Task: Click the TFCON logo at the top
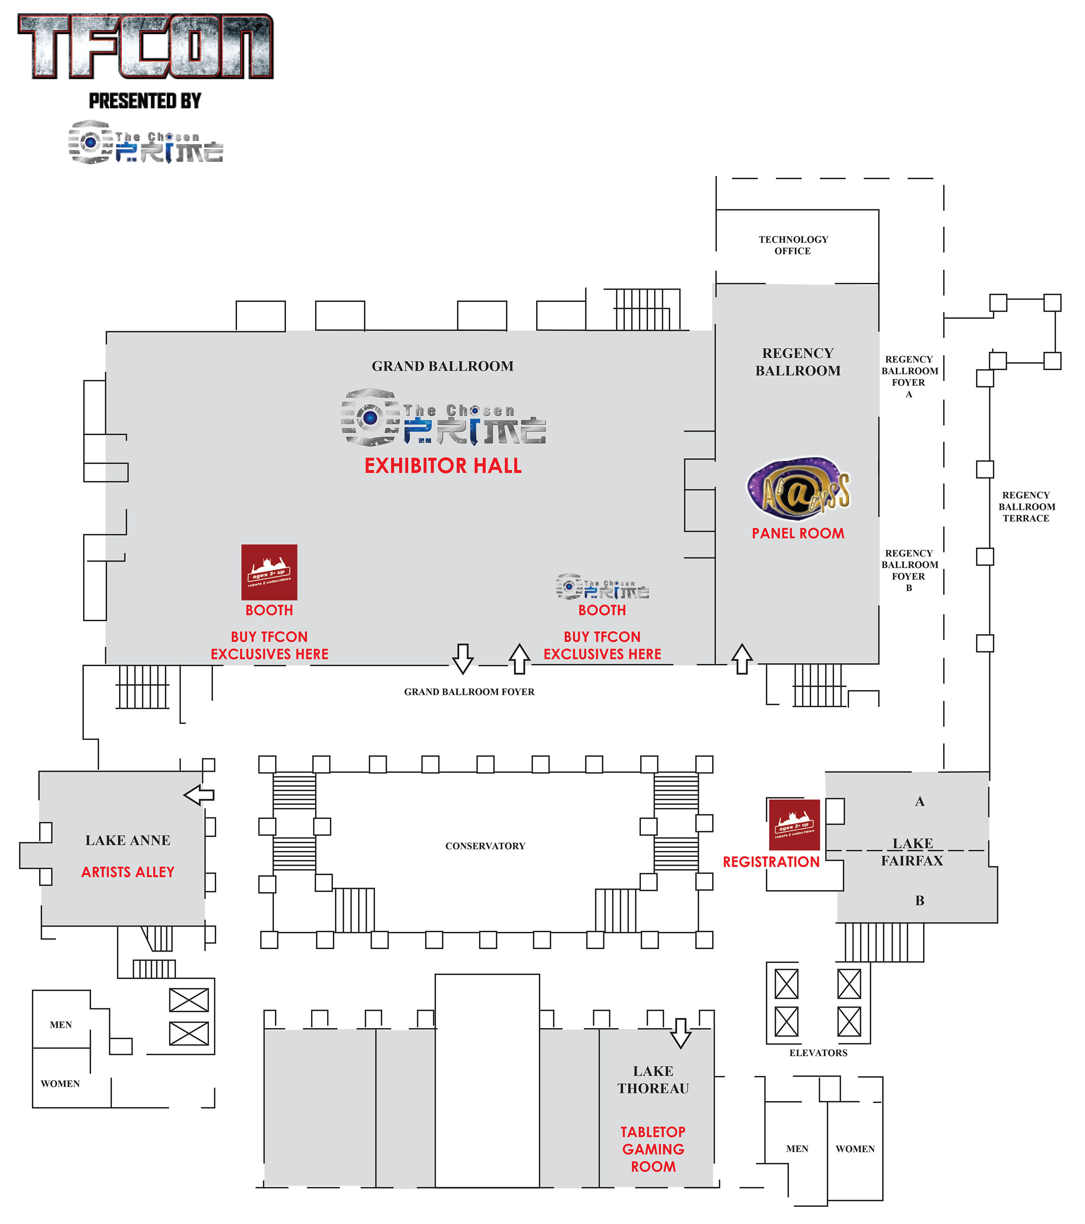coord(145,47)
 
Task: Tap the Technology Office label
coord(793,245)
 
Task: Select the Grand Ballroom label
coord(442,366)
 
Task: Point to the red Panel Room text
coord(798,533)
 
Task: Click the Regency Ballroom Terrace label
coord(1026,507)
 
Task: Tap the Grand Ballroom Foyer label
coord(469,692)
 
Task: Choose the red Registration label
coord(771,862)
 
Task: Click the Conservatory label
coord(485,845)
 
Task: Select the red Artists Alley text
coord(127,872)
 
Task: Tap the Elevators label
coord(818,1053)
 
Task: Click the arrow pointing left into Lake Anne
coord(199,795)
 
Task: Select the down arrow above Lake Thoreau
coord(680,1033)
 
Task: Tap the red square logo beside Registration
coord(794,825)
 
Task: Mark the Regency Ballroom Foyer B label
coord(909,570)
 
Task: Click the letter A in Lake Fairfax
coord(920,801)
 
